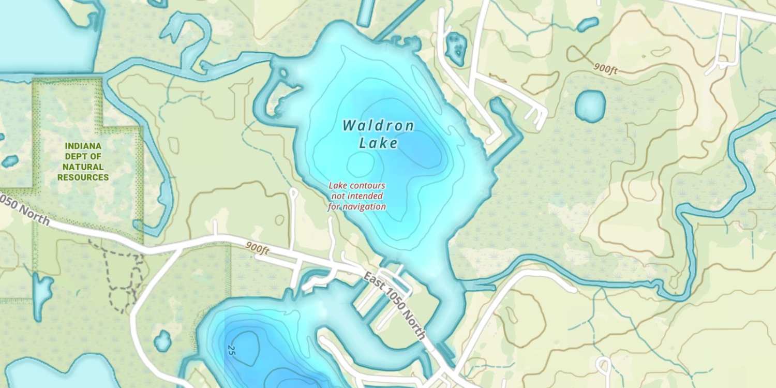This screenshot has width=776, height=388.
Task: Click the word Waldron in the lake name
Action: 378,126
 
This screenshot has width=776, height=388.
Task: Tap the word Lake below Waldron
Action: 379,143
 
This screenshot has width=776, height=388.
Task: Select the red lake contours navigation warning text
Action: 357,196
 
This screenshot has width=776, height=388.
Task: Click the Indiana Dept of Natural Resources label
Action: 83,162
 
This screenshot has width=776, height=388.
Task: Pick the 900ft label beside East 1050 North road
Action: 257,249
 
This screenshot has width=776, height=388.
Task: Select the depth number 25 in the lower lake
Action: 231,350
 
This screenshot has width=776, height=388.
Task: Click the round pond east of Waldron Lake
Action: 590,106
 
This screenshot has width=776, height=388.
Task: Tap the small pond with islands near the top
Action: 456,48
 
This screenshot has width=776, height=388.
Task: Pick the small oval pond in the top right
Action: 588,24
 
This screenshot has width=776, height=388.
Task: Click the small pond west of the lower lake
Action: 162,341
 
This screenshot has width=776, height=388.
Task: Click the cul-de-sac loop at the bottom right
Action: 603,366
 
